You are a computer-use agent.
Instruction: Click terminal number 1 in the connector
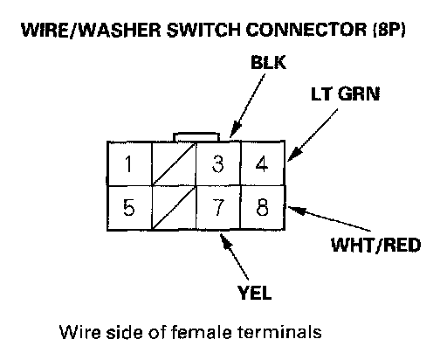click(x=129, y=163)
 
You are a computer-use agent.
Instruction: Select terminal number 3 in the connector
click(x=218, y=163)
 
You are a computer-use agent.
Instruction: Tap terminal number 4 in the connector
click(x=263, y=163)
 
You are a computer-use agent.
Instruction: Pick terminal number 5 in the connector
click(x=129, y=208)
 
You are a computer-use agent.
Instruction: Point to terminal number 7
click(x=218, y=208)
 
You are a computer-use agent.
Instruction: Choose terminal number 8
click(x=263, y=208)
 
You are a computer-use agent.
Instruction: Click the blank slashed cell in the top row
click(x=174, y=163)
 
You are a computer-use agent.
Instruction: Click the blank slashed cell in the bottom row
click(x=174, y=208)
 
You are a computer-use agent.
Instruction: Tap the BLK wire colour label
click(x=268, y=62)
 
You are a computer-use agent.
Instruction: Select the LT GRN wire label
click(x=346, y=94)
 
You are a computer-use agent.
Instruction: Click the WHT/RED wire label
click(x=375, y=245)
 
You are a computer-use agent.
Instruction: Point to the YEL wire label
click(x=254, y=293)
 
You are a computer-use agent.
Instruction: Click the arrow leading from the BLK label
click(x=247, y=105)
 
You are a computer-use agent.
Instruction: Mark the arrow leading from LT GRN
click(x=313, y=135)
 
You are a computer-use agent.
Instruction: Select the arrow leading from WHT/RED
click(x=329, y=218)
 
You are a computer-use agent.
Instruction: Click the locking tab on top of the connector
click(x=196, y=137)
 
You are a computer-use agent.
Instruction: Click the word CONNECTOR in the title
click(x=306, y=30)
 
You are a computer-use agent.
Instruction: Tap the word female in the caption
click(x=201, y=332)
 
